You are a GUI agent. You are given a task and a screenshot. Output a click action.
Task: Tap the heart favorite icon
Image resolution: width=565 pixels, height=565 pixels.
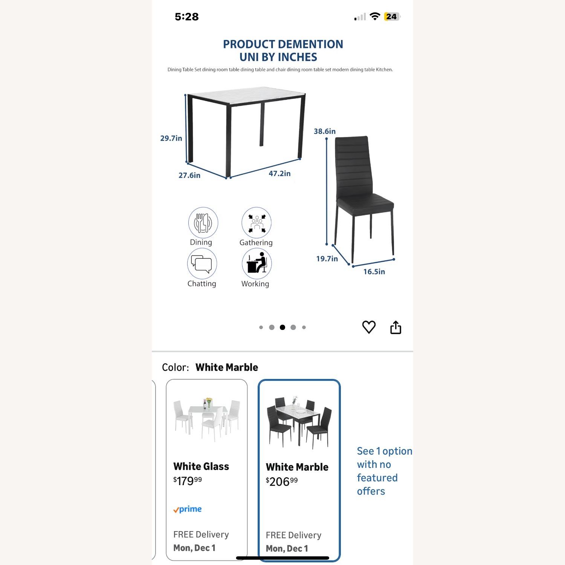(369, 327)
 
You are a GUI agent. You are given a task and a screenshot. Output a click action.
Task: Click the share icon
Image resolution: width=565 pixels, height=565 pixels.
(395, 327)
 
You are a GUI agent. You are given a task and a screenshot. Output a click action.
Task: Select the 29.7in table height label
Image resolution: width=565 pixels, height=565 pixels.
(171, 138)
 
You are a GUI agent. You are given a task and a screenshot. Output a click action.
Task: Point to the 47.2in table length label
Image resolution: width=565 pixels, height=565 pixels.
(279, 173)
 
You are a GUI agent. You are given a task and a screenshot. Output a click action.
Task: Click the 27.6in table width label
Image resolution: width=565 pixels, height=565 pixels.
(189, 175)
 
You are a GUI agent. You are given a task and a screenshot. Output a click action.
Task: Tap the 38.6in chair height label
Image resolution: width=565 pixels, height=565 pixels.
(325, 131)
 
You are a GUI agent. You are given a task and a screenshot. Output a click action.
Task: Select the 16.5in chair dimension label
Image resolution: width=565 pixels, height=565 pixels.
(374, 272)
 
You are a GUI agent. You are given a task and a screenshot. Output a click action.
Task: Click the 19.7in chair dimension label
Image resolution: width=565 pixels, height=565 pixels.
(327, 258)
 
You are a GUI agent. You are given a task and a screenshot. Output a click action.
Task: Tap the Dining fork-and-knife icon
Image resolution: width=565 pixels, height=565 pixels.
(203, 222)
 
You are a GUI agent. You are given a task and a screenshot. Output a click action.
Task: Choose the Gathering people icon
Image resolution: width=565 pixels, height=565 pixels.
(257, 222)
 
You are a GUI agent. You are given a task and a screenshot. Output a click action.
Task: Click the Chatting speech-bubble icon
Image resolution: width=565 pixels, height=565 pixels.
(202, 264)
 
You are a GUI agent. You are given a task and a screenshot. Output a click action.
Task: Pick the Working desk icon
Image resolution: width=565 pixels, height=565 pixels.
(257, 263)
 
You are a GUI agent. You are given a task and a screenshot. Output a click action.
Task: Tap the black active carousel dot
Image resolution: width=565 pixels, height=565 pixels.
(282, 327)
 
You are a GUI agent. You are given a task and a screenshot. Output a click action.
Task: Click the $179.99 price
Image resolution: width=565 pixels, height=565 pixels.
(188, 481)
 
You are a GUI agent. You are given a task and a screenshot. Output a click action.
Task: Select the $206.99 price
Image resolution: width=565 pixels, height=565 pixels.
(282, 481)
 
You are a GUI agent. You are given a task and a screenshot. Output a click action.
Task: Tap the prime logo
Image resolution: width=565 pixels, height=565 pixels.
(188, 509)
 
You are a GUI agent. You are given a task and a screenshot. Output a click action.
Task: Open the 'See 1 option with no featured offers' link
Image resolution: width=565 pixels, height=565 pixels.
(384, 471)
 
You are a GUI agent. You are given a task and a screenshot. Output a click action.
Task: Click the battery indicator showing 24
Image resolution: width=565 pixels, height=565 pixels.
(392, 17)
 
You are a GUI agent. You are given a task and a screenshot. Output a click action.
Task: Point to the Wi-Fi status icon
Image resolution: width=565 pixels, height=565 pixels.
(375, 16)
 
